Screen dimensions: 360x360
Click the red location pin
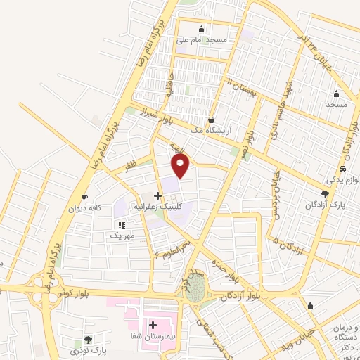click(x=181, y=166)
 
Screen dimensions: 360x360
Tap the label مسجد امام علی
click(x=202, y=39)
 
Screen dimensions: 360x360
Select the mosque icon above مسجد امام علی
click(x=202, y=29)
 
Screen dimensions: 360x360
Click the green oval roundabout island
click(x=198, y=287)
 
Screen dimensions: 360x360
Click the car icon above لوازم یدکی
click(x=342, y=169)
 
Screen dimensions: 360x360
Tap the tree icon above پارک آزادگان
click(x=324, y=193)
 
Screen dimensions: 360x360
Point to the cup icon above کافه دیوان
click(x=85, y=198)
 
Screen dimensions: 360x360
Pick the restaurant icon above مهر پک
click(x=121, y=225)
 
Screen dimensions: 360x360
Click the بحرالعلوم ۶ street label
click(x=172, y=250)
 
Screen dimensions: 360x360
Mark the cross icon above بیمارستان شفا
click(x=153, y=325)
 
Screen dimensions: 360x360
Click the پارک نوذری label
click(x=88, y=349)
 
